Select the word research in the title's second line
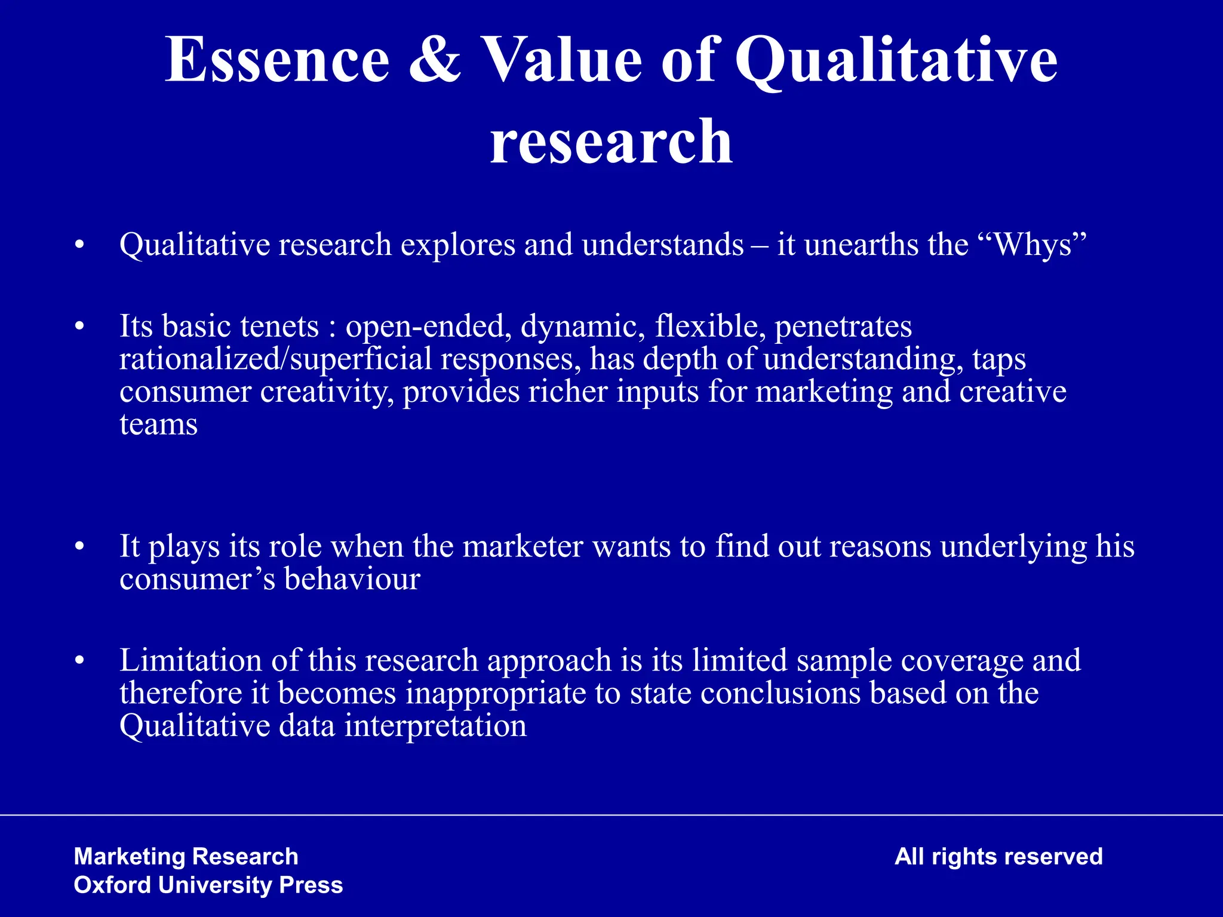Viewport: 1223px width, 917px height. tap(611, 142)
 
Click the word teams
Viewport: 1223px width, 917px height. tap(158, 424)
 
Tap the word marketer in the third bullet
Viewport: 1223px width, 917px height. tap(522, 546)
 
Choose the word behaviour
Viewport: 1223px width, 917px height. tap(352, 579)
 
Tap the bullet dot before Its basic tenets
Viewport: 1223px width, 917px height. tap(79, 327)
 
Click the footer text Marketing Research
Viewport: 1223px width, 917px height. tap(186, 857)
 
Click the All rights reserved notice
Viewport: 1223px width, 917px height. tap(998, 857)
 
